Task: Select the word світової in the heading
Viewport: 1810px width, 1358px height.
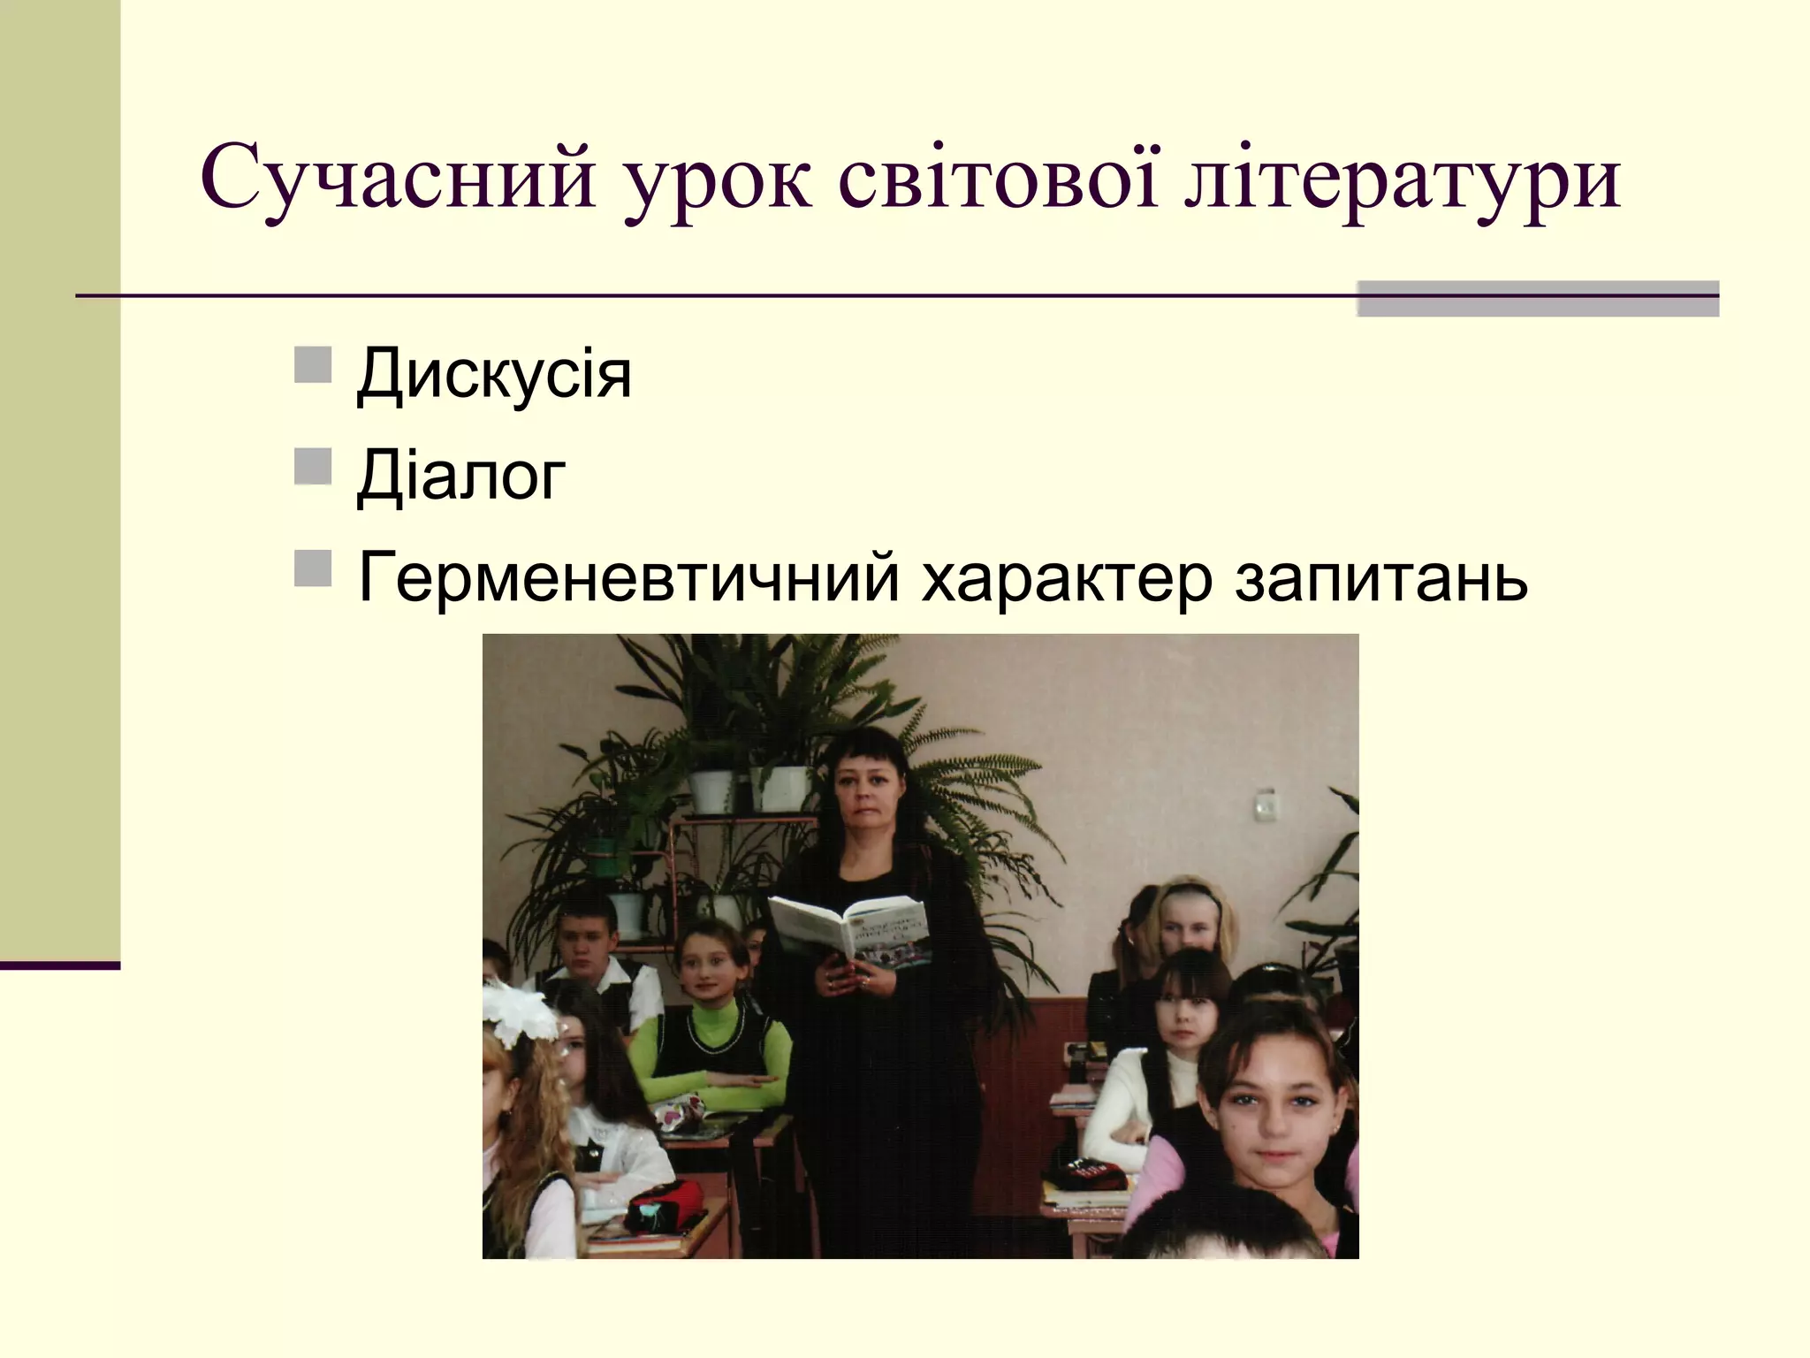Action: [x=998, y=177]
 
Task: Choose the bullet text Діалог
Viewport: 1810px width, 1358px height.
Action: [x=460, y=476]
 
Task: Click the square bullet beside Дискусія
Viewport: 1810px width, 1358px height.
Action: [x=313, y=365]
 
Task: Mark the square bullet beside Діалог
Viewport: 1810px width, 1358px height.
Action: [x=313, y=467]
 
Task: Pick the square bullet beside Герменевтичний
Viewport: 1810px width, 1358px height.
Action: [x=313, y=568]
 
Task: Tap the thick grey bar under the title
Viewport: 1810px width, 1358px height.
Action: [x=1537, y=299]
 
